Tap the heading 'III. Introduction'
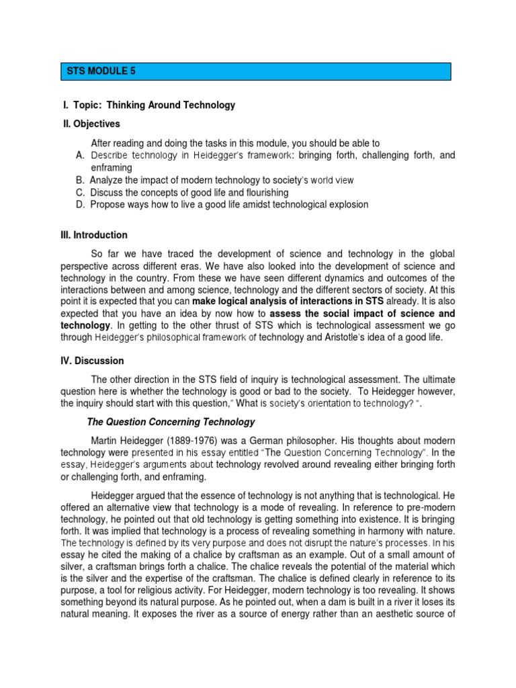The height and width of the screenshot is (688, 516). (94, 235)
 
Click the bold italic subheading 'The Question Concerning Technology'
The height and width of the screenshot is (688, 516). (171, 422)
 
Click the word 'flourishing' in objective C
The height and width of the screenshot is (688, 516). (264, 193)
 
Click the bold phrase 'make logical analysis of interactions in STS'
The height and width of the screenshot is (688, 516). (291, 301)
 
